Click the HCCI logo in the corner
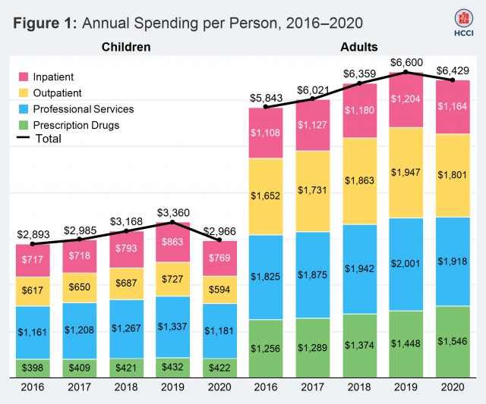coord(462,23)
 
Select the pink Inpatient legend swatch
coord(24,77)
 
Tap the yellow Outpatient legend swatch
coord(24,92)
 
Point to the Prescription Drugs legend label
coord(76,125)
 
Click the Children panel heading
coord(126,47)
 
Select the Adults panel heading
coord(360,47)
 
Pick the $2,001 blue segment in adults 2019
coord(406,264)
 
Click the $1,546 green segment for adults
coord(453,342)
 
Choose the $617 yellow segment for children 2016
coord(33,292)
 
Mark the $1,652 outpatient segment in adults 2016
coord(267,196)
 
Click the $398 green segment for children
coord(33,369)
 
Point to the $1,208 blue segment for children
coord(79,330)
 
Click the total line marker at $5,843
coord(267,107)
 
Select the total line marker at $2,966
coord(219,240)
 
